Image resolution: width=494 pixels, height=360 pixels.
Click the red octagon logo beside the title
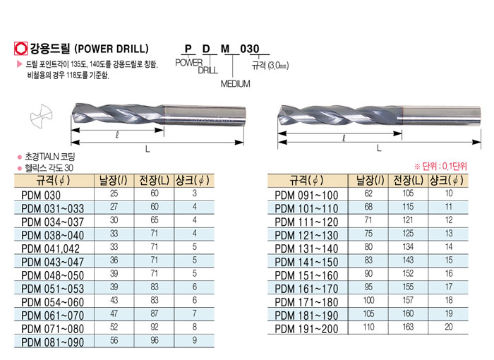[x=20, y=49]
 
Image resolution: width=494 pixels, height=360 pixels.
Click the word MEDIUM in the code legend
[x=235, y=84]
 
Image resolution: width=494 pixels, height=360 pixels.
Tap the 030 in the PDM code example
[x=250, y=49]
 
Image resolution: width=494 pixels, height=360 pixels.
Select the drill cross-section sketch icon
[x=41, y=116]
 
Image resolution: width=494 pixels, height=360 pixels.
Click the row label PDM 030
[x=41, y=195]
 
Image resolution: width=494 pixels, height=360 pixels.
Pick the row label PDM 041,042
[x=50, y=248]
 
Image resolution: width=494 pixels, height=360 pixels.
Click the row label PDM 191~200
[x=306, y=329]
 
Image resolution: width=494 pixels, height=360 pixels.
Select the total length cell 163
[x=408, y=327]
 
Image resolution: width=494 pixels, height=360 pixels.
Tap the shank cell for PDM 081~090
[x=195, y=340]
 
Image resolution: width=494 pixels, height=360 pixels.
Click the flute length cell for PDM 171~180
[x=368, y=300]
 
